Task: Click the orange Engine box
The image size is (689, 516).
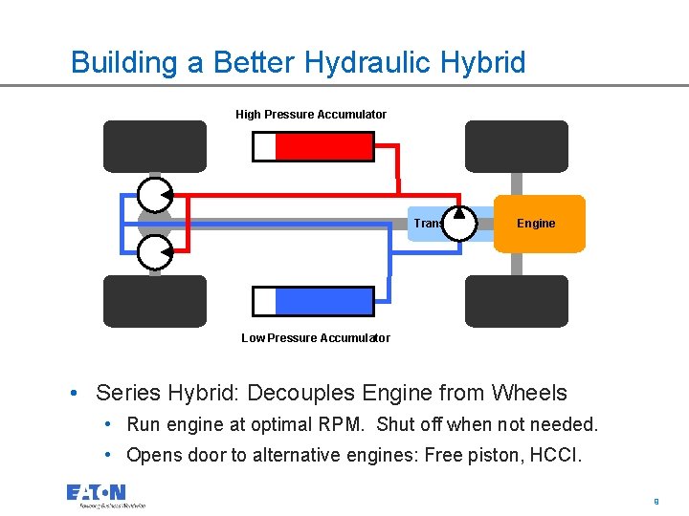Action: (539, 224)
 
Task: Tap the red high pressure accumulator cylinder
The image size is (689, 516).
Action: (323, 146)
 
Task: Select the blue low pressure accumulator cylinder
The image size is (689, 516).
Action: (323, 301)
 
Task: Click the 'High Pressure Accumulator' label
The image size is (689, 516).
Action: (311, 115)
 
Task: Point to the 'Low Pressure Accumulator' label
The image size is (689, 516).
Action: (316, 337)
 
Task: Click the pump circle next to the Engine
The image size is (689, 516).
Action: (458, 224)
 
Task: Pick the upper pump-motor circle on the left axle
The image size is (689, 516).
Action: (155, 195)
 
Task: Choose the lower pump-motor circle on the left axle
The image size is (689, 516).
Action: (155, 253)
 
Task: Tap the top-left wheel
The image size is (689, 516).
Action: (155, 146)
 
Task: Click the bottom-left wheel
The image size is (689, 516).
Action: (155, 301)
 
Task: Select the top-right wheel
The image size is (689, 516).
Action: (517, 146)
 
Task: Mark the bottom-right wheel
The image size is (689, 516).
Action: (517, 301)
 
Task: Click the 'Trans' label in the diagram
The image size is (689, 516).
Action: (427, 224)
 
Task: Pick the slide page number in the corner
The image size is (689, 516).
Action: (656, 500)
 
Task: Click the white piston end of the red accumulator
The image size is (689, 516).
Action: (264, 146)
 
